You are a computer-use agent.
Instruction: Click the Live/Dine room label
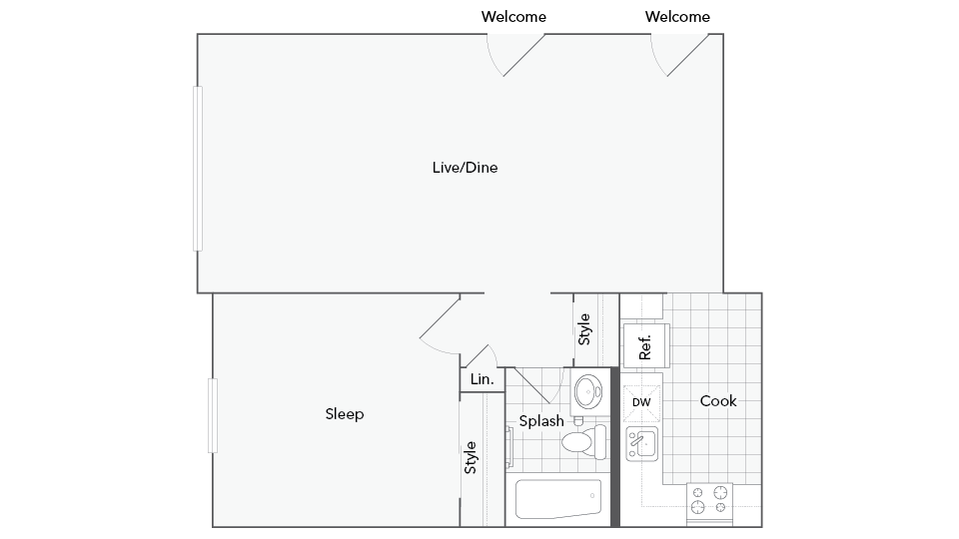[465, 168]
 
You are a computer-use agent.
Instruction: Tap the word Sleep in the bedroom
[345, 414]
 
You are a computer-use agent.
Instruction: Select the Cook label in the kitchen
[717, 401]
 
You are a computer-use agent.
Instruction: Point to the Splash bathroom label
[540, 421]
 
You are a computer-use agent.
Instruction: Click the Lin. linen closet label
[481, 380]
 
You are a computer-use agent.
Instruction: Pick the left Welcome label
[513, 16]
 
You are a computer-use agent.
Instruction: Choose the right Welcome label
[677, 16]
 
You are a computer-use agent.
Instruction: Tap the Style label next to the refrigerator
[584, 329]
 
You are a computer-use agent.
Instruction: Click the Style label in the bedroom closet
[471, 457]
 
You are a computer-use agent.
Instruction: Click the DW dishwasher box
[641, 402]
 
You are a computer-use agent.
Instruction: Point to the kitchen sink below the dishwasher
[641, 443]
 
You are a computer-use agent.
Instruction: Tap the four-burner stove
[709, 502]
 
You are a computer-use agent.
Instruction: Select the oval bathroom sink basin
[588, 390]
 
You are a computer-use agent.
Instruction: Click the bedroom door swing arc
[436, 334]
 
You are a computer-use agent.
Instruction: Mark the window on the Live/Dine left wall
[198, 168]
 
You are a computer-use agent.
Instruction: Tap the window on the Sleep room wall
[213, 414]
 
